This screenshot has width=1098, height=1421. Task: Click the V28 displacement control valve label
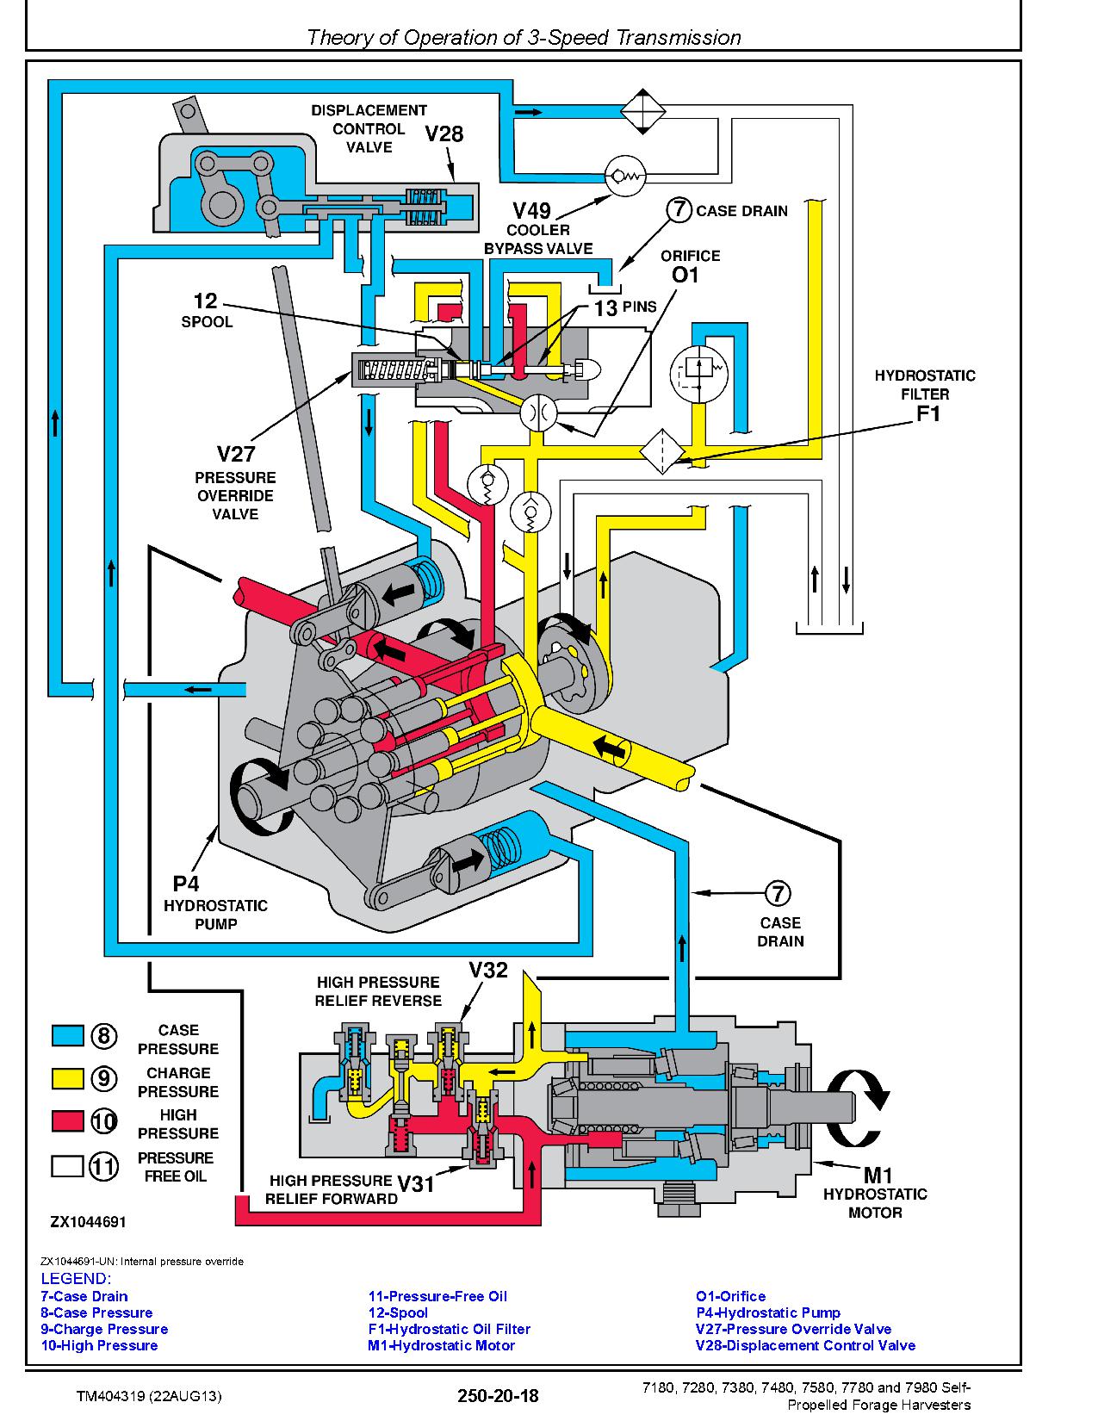[x=444, y=133]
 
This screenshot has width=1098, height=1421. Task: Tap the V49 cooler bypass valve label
[x=531, y=211]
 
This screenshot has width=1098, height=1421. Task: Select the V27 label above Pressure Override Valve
[x=235, y=453]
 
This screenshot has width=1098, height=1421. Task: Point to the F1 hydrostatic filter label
[x=927, y=413]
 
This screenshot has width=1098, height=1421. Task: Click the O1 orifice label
[x=685, y=275]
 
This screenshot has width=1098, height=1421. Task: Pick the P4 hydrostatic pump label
[x=186, y=884]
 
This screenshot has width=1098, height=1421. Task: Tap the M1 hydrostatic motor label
[x=878, y=1175]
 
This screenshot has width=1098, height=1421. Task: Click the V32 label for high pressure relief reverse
[x=487, y=969]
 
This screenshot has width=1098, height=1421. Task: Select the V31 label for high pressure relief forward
[x=416, y=1183]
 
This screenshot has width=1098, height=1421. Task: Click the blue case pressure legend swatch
[x=68, y=1035]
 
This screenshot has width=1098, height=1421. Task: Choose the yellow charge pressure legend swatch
[x=68, y=1078]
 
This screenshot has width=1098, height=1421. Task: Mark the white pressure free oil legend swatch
[x=68, y=1166]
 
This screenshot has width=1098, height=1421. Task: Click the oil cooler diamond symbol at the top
[x=642, y=112]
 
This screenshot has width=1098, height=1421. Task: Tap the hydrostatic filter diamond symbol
[x=662, y=452]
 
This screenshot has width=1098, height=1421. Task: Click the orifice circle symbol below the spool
[x=538, y=413]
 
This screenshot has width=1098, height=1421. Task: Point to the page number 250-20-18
[x=498, y=1396]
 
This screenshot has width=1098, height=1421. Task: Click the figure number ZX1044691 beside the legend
[x=89, y=1221]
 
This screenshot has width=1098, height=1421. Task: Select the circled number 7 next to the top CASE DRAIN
[x=679, y=210]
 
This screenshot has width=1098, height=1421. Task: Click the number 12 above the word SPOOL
[x=205, y=301]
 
